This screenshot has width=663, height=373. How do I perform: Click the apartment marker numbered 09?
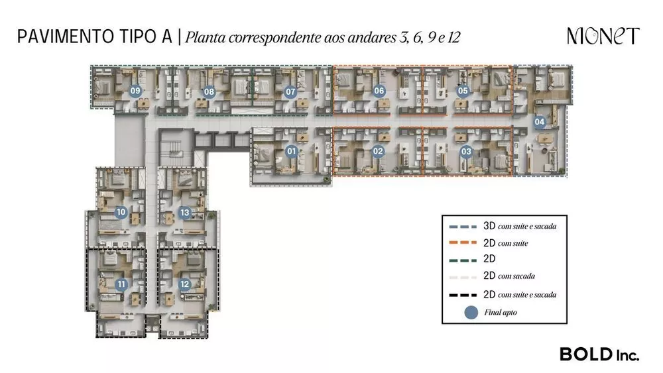pyautogui.click(x=135, y=91)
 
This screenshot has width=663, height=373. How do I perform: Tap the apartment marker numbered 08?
pyautogui.click(x=209, y=92)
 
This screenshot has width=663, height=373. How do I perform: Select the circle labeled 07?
pyautogui.click(x=290, y=92)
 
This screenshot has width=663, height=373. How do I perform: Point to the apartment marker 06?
pyautogui.click(x=379, y=91)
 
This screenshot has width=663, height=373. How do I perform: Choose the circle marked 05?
pyautogui.click(x=463, y=91)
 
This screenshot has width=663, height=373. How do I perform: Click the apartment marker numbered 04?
pyautogui.click(x=540, y=121)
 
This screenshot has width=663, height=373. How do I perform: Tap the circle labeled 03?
pyautogui.click(x=466, y=152)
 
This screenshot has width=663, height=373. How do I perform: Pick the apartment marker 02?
pyautogui.click(x=378, y=152)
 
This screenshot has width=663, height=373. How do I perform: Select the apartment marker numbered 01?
pyautogui.click(x=290, y=152)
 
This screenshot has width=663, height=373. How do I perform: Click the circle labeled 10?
pyautogui.click(x=121, y=213)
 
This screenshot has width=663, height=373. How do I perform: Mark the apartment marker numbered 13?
pyautogui.click(x=185, y=213)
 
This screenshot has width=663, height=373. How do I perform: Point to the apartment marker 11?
pyautogui.click(x=121, y=285)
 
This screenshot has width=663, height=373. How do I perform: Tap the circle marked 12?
pyautogui.click(x=184, y=285)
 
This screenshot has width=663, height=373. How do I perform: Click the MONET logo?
pyautogui.click(x=603, y=36)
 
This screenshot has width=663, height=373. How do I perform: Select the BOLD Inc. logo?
pyautogui.click(x=599, y=354)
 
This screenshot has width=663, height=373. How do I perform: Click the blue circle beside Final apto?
pyautogui.click(x=471, y=313)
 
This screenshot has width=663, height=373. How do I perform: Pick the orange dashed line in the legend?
pyautogui.click(x=470, y=243)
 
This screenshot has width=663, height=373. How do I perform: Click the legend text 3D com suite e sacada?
pyautogui.click(x=519, y=226)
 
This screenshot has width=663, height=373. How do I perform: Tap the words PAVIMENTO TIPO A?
pyautogui.click(x=94, y=36)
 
